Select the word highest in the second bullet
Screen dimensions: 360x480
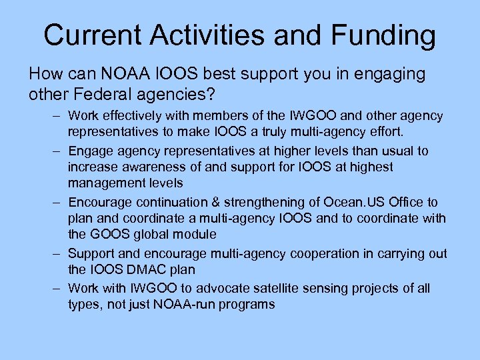tap(371, 167)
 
